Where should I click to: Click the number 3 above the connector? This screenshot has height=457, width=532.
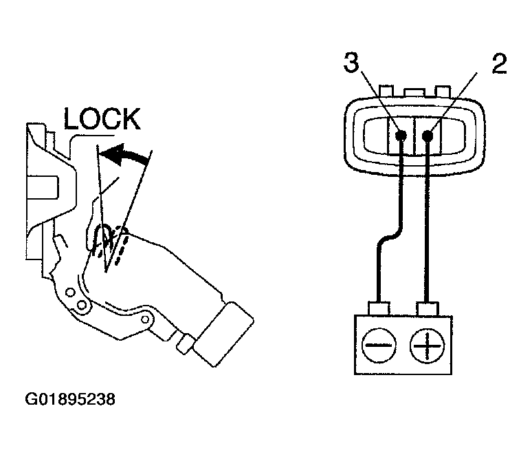[351, 64]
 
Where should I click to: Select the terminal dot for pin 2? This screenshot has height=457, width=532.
[428, 136]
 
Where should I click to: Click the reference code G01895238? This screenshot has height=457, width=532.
[70, 399]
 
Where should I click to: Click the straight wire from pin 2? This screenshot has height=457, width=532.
[428, 220]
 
